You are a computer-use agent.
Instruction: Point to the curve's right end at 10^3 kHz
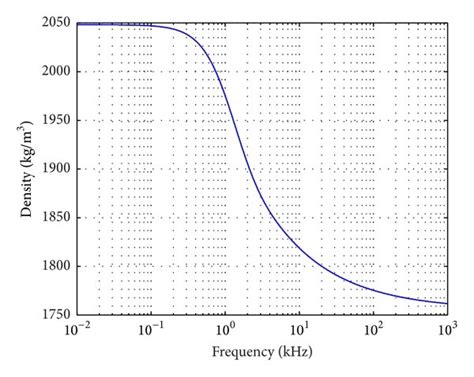point(447,303)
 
